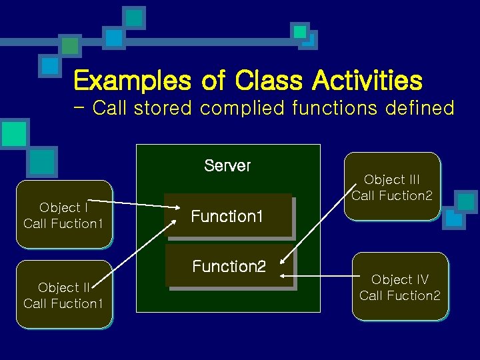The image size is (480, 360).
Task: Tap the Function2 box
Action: coord(229,267)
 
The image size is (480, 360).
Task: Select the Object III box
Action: coord(392,187)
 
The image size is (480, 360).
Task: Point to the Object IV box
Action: coord(400,286)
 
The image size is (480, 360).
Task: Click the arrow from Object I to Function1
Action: coord(140,204)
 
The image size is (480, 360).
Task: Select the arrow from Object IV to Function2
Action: coord(317,275)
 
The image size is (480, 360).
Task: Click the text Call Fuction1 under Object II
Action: coord(63,304)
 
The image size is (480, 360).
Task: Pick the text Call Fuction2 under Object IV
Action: coord(400,295)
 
